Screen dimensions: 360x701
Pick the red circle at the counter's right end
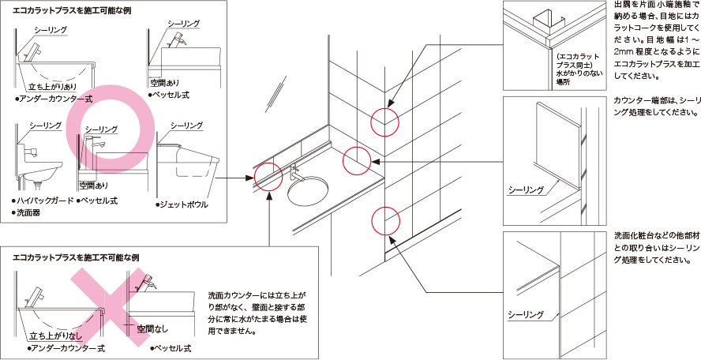click(x=356, y=159)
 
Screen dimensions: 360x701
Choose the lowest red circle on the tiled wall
click(x=384, y=219)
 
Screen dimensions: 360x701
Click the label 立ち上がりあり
click(x=53, y=87)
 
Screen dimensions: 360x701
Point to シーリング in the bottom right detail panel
click(x=526, y=315)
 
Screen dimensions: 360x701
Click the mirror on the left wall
click(x=272, y=93)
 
